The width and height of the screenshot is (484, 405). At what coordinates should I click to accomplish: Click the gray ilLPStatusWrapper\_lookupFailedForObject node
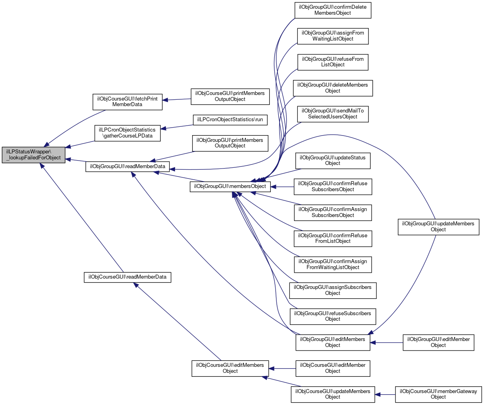click(33, 155)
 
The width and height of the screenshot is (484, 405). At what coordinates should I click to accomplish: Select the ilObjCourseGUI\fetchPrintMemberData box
click(127, 102)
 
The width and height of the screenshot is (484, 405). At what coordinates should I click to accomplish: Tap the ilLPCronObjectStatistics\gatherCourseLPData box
click(127, 133)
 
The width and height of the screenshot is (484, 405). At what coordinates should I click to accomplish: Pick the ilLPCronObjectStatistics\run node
click(230, 120)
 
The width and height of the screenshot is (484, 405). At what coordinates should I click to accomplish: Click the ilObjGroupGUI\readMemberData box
click(127, 167)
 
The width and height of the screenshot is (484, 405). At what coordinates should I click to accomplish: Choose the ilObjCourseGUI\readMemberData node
click(127, 277)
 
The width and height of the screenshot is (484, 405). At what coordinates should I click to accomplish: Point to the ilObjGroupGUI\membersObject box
click(230, 186)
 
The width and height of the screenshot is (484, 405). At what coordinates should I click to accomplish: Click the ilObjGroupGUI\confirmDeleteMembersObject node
click(333, 10)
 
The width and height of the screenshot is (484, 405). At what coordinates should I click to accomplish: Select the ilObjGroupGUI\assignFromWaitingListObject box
click(333, 36)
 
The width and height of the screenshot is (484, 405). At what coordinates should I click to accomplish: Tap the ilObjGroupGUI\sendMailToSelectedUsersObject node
click(333, 114)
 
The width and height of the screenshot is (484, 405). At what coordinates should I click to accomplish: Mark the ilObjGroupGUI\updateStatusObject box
click(333, 161)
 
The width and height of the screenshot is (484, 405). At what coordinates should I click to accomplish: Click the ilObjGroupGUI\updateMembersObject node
click(438, 227)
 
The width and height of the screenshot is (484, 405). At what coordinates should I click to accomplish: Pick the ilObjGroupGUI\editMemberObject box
click(438, 343)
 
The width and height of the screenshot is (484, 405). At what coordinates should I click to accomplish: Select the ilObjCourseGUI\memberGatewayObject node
click(438, 394)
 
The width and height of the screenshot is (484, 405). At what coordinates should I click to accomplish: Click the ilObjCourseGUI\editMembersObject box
click(230, 368)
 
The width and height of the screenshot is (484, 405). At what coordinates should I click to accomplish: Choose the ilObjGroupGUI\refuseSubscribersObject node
click(333, 317)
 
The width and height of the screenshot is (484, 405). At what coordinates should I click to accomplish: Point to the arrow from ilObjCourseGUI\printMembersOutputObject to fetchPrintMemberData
click(177, 100)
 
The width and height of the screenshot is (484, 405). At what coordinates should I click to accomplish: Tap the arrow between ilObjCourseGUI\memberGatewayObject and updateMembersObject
click(385, 395)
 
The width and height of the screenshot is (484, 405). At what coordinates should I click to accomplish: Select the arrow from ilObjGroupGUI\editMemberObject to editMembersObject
click(387, 343)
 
